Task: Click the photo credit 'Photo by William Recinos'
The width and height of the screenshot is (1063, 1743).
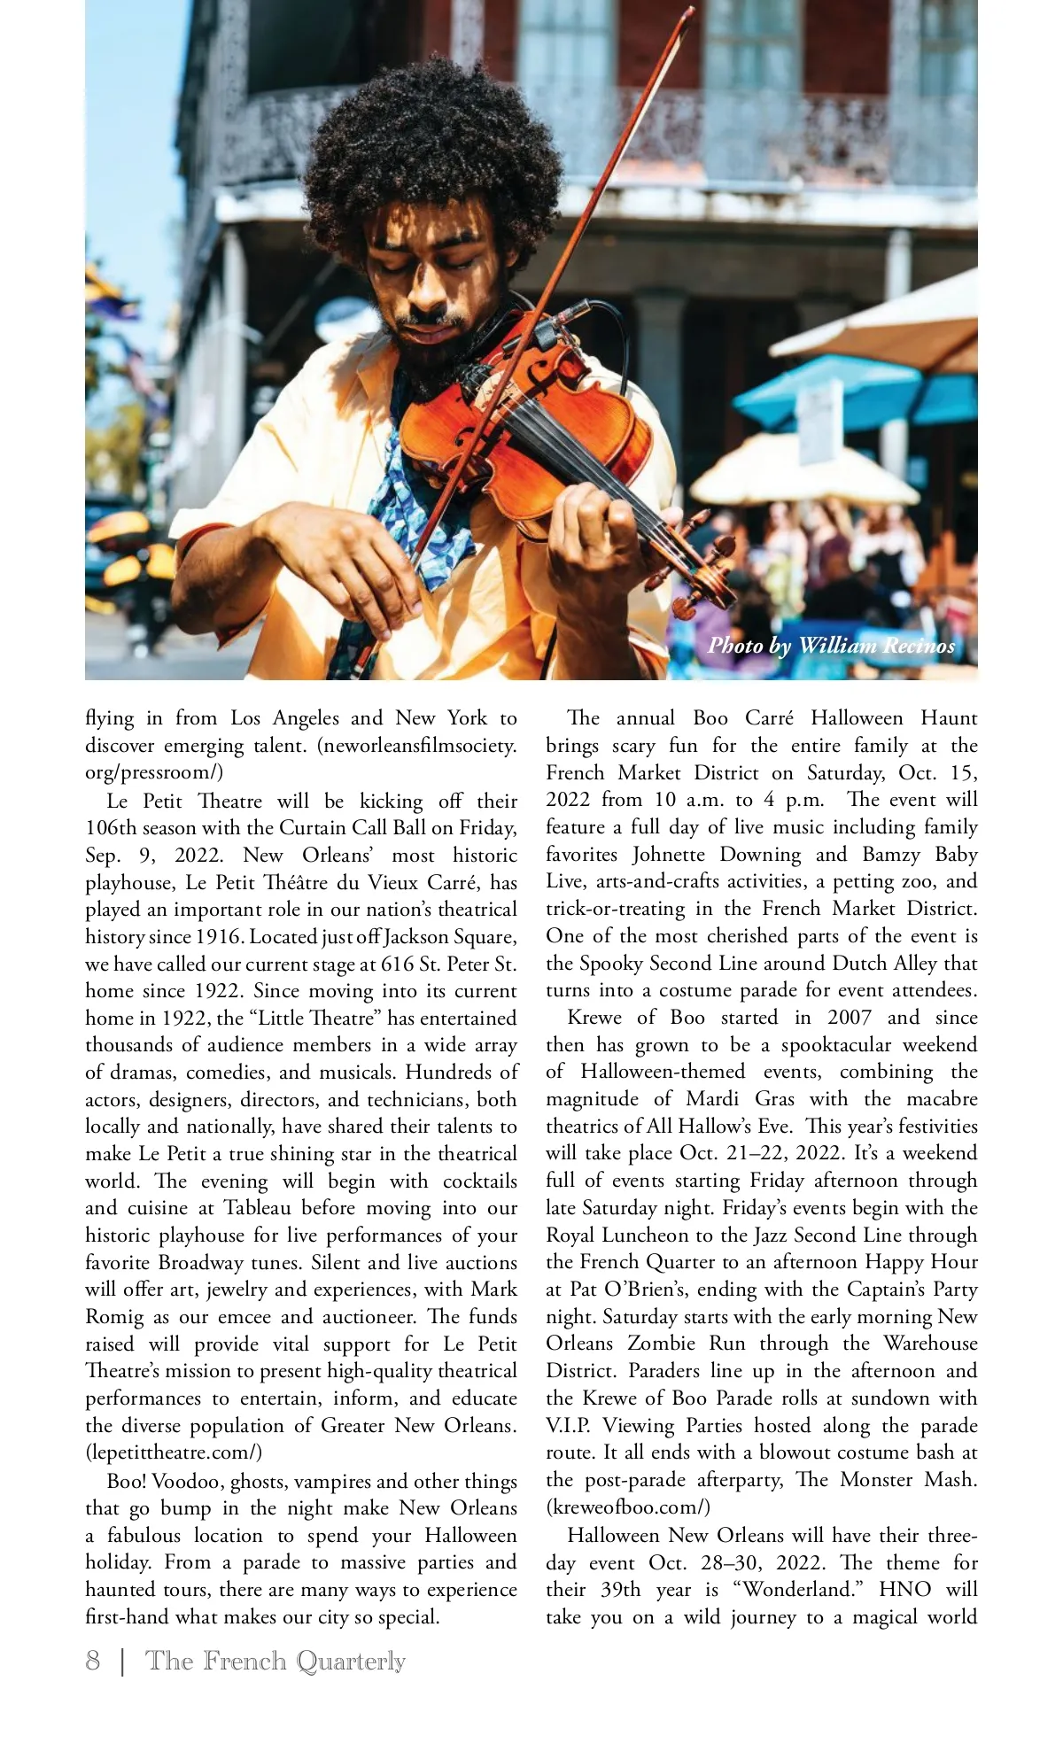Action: point(831,646)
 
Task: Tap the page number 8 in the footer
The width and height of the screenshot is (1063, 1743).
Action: point(93,1661)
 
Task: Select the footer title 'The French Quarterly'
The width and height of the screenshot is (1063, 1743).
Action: point(275,1661)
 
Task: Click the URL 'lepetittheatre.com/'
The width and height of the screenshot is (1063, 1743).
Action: point(174,1452)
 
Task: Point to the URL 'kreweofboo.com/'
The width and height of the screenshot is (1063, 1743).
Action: point(628,1507)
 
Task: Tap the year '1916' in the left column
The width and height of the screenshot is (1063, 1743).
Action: point(219,936)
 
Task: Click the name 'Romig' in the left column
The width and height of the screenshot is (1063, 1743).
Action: point(114,1316)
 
